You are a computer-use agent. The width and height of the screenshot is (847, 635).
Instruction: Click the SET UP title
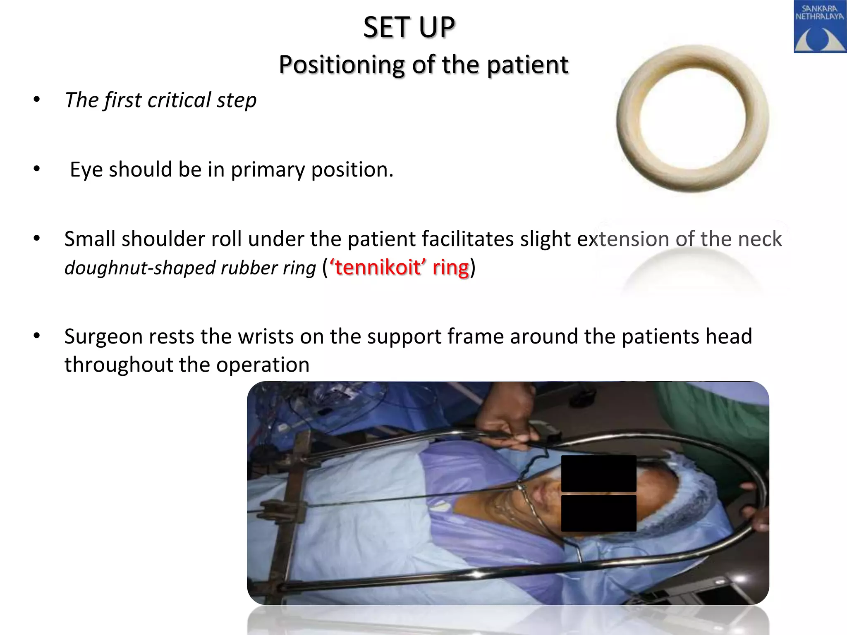coord(409,28)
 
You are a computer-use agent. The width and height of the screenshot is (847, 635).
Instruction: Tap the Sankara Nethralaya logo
coord(819,27)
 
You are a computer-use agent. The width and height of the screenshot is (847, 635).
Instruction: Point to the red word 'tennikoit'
coord(377,267)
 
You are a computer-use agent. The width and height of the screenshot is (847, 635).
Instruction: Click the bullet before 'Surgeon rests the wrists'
coord(37,336)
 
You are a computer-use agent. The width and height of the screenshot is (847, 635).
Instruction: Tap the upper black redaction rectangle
coord(598,473)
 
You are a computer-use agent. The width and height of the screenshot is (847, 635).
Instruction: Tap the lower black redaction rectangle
coord(598,513)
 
